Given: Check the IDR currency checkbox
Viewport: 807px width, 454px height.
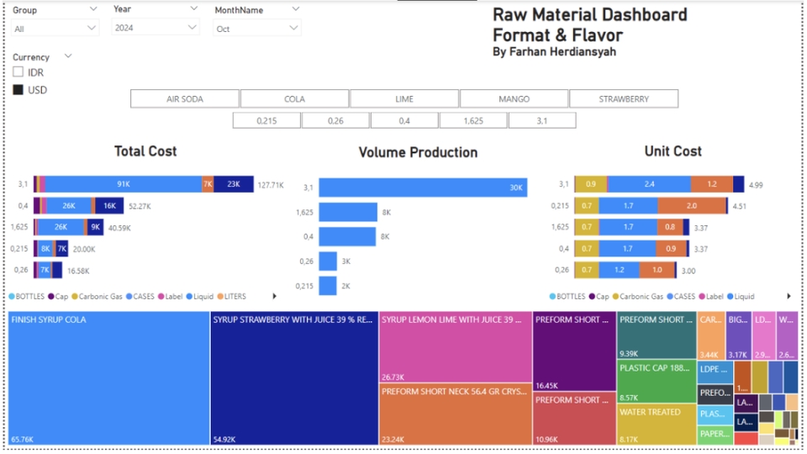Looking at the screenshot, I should (18, 73).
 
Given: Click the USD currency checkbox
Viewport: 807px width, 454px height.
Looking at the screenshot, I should (18, 90).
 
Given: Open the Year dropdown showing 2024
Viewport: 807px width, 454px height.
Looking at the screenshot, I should (156, 28).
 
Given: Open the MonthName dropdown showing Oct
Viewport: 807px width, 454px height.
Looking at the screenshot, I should (256, 29).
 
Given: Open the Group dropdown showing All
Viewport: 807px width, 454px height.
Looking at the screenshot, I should (55, 29).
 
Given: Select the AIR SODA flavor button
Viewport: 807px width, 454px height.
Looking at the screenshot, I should (184, 99).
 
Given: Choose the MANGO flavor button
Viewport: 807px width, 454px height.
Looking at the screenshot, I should (514, 99).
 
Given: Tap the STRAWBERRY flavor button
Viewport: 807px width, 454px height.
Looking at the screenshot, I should (623, 99).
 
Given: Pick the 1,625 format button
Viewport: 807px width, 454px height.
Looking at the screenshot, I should (472, 120).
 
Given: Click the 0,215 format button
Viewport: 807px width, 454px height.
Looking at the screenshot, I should (266, 120).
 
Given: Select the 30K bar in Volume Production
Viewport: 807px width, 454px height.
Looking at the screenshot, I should (423, 187).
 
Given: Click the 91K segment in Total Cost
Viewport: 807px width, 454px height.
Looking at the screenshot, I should (123, 184).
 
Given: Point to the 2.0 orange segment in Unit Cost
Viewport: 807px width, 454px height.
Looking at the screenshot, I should (691, 206).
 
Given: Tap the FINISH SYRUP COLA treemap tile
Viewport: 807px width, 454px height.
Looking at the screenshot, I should (108, 378).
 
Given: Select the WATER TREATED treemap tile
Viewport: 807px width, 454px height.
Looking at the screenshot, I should (656, 425).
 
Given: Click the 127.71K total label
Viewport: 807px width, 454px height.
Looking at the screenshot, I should (271, 185).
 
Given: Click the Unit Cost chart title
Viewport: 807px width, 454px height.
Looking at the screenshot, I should (672, 151).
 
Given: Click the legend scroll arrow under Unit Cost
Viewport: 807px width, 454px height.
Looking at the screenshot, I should (789, 297).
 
